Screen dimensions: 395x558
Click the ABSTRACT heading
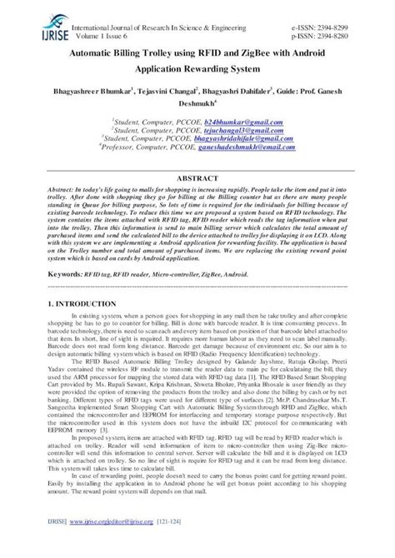[197, 177]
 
